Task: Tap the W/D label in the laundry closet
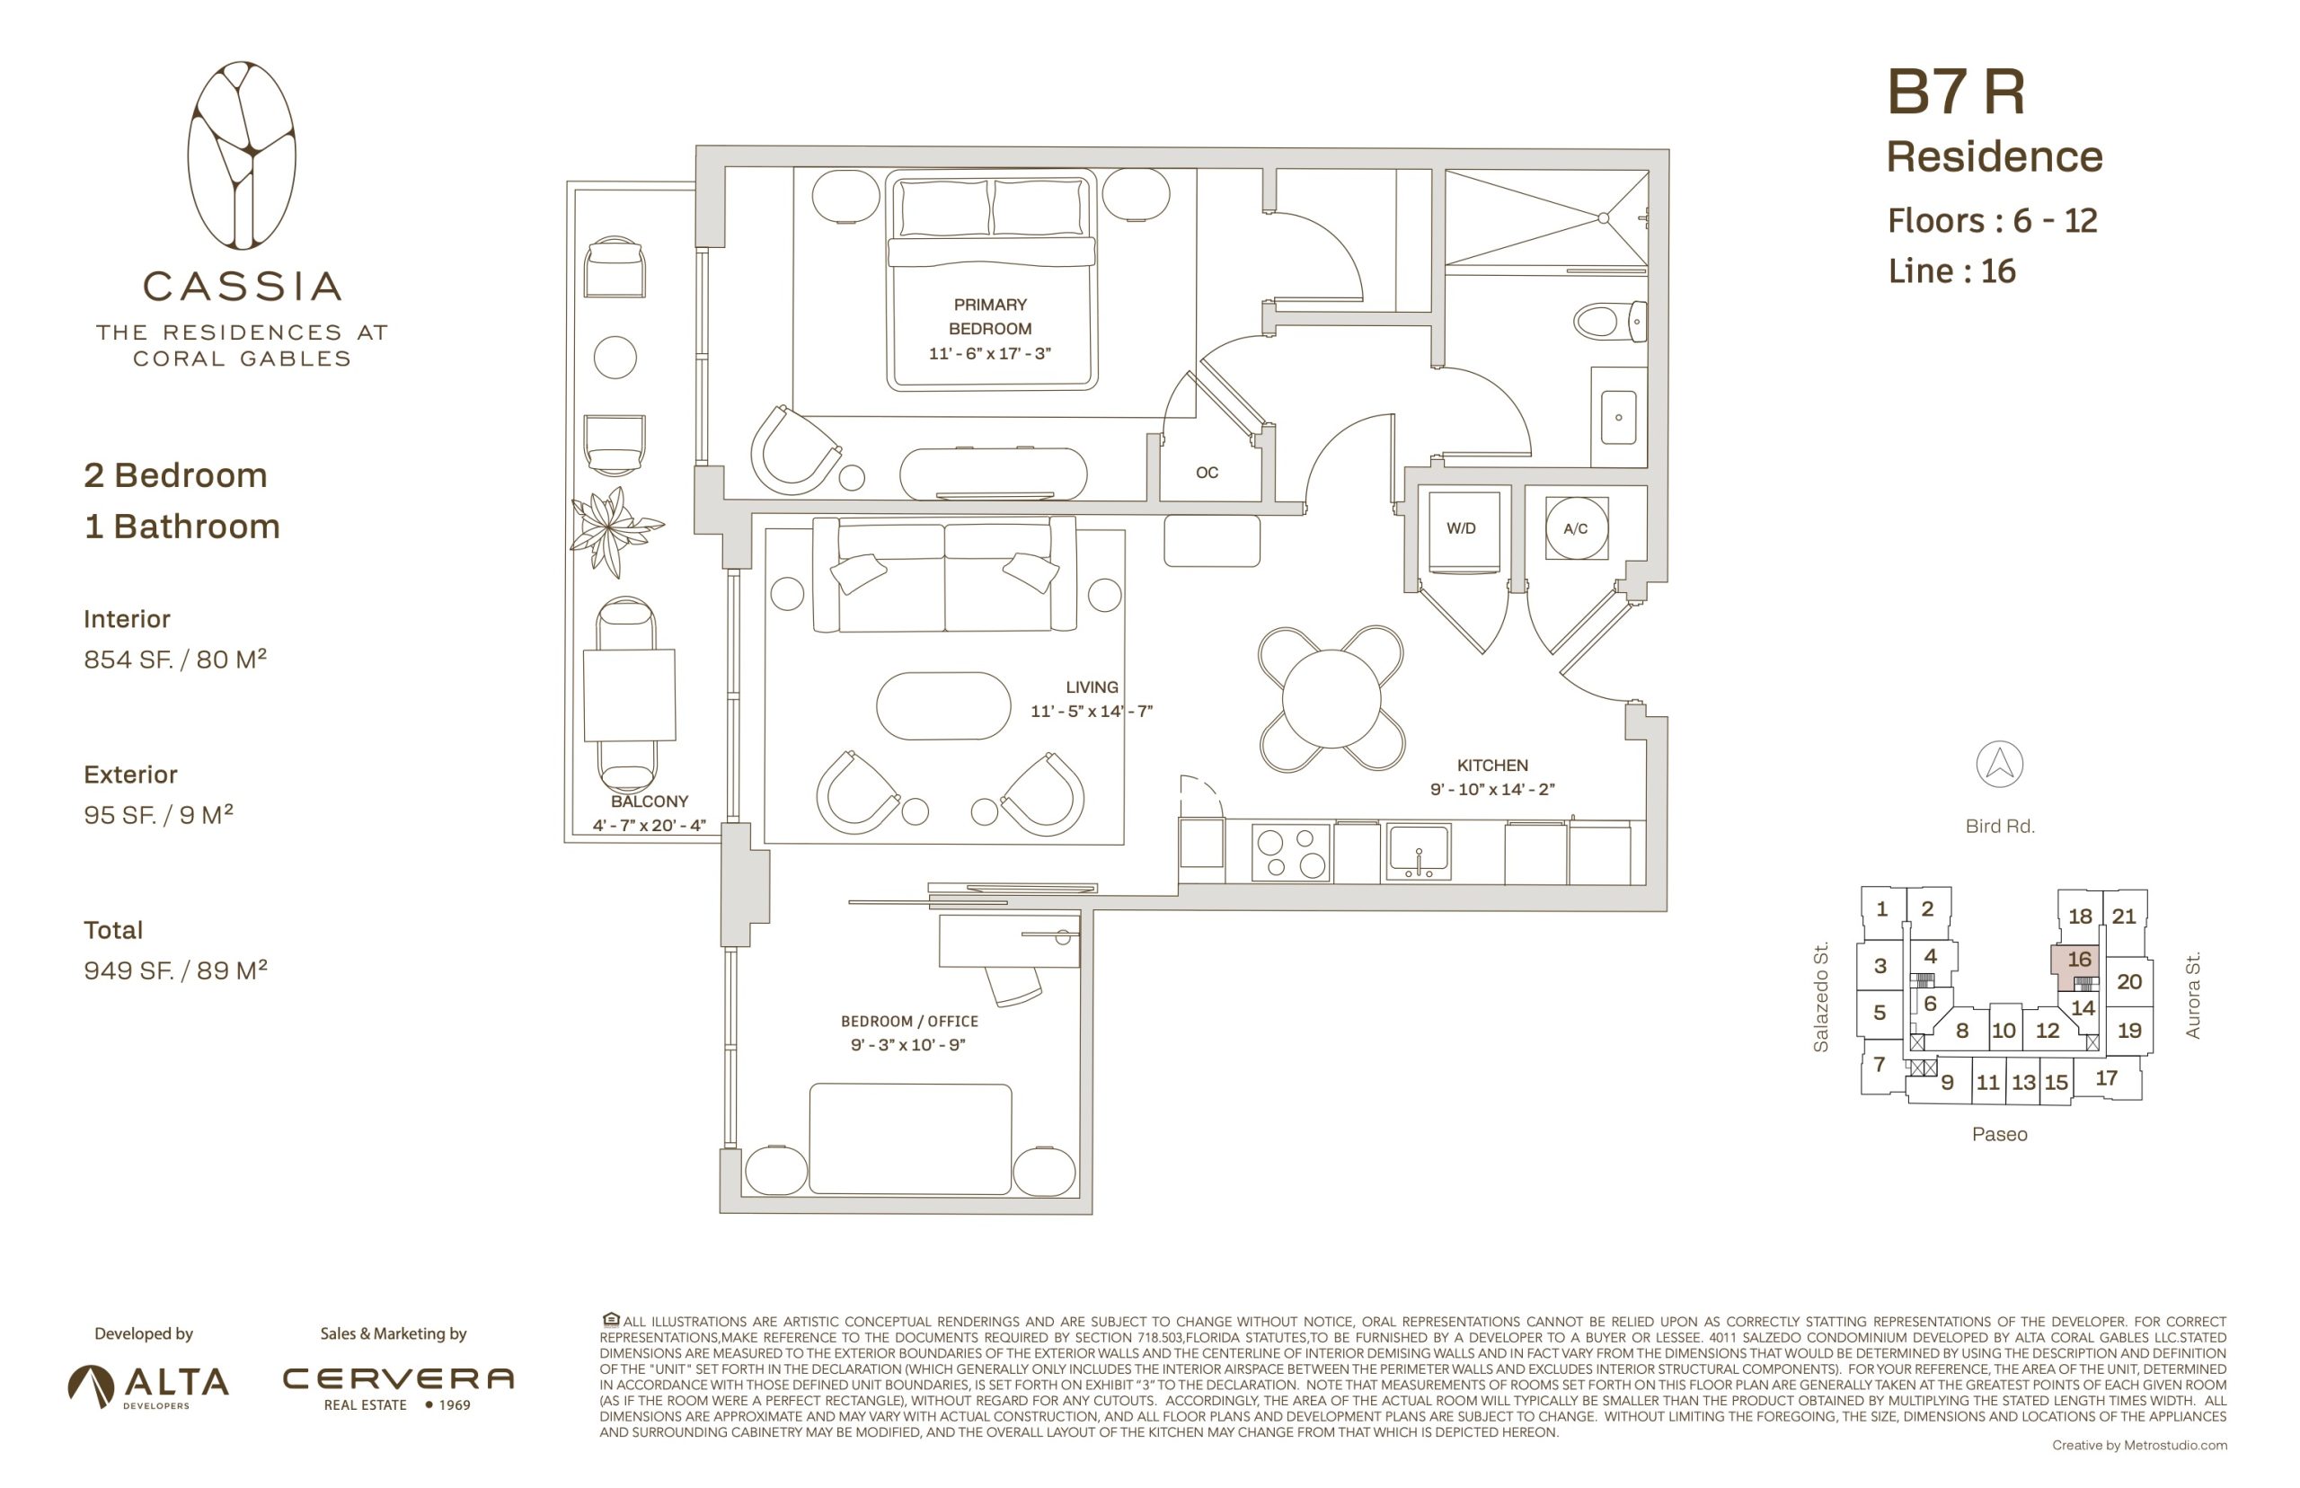[x=1461, y=528]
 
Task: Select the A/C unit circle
[x=1576, y=527]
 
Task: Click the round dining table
[x=1331, y=698]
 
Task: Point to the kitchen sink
[x=1417, y=851]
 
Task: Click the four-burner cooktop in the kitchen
[x=1290, y=852]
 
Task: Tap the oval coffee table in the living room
[x=942, y=705]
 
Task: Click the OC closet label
[x=1207, y=473]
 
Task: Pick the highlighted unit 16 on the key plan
[x=2077, y=965]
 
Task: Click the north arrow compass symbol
[x=1999, y=764]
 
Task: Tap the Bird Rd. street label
[x=2000, y=826]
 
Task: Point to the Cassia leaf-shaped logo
[x=242, y=155]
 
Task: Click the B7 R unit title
[x=1955, y=93]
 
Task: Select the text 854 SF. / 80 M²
[x=175, y=659]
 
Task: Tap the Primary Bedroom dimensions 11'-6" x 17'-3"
[x=989, y=354]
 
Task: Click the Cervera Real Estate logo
[x=397, y=1387]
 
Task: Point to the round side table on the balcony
[x=615, y=358]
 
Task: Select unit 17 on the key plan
[x=2106, y=1078]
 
